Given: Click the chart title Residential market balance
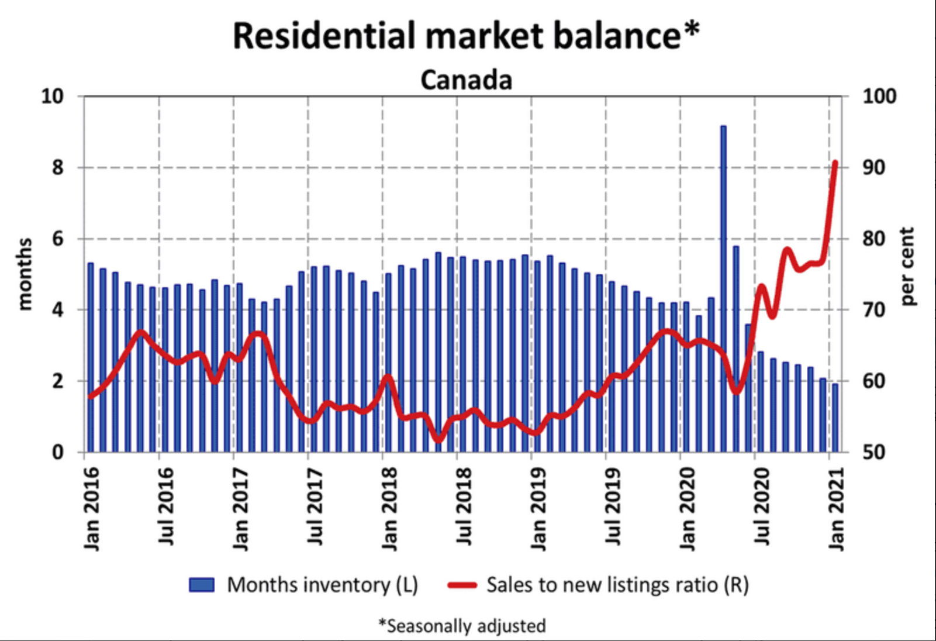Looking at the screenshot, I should point(465,36).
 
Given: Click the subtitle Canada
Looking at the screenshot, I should point(466,80).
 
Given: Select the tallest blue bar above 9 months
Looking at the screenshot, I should point(723,287).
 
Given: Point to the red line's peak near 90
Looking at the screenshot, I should point(835,163).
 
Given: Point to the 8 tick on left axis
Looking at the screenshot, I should point(57,168).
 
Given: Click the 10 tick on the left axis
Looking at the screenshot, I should point(53,96).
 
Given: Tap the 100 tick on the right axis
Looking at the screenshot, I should point(879,96).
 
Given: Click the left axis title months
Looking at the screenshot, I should point(24,273).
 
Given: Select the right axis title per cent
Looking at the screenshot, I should point(906,266).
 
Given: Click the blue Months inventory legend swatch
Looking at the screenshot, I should point(202,585).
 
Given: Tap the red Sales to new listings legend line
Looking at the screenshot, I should point(462,585).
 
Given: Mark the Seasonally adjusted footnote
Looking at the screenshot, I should point(462,626).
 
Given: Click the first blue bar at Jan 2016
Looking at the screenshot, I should point(91,357).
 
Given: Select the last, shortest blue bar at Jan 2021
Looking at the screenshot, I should point(835,418).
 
